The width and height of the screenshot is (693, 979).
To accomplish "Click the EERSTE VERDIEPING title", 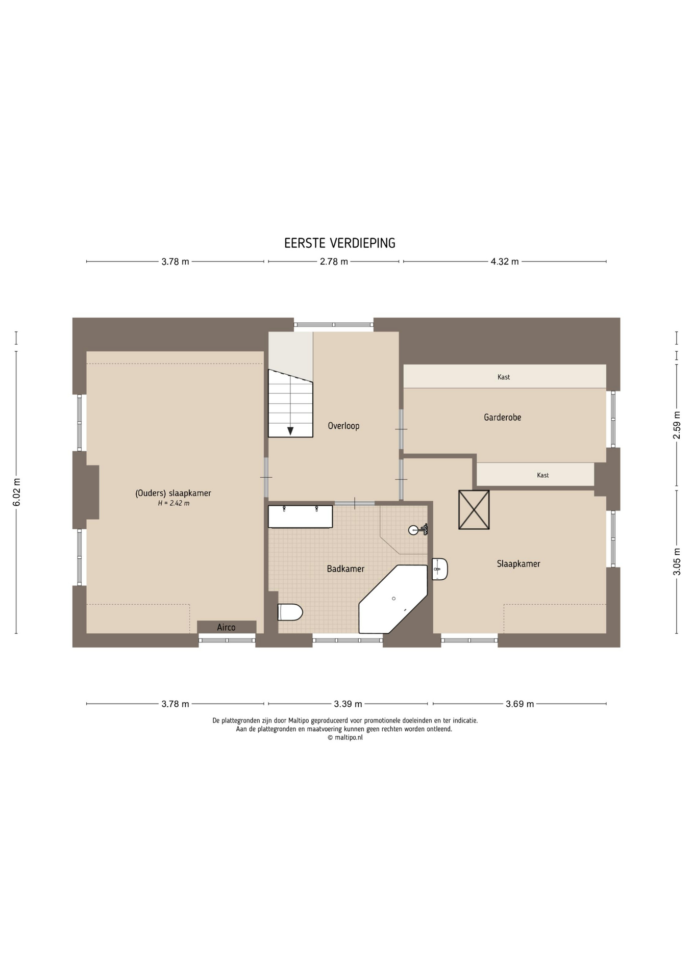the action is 340,243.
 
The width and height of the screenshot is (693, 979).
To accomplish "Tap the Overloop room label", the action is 343,426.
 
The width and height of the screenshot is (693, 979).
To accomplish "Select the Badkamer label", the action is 345,569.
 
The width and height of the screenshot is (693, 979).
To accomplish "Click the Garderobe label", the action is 503,417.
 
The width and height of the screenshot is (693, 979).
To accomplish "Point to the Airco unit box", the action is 227,627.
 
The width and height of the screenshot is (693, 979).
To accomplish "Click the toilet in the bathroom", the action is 290,612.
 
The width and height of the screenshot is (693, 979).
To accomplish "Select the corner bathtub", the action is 393,599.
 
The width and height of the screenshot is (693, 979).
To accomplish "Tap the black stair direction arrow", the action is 290,431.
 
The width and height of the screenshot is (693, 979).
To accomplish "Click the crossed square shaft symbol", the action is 474,510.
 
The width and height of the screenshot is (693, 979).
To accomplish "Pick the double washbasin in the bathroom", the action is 301,517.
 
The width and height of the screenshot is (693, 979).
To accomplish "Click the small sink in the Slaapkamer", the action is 439,569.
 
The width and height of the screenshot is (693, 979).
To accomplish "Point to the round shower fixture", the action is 414,530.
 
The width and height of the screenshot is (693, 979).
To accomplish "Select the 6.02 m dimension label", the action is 16,493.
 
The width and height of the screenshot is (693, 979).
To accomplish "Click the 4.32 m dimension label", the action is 505,262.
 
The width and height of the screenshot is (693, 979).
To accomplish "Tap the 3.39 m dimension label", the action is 348,704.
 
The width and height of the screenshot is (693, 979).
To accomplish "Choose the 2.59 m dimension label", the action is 677,425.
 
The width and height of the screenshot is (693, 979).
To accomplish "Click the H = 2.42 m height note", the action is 174,503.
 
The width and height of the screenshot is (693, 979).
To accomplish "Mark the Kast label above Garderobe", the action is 504,377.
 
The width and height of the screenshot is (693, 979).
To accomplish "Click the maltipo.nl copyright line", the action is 345,737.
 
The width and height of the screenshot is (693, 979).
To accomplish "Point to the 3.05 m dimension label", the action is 677,561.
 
